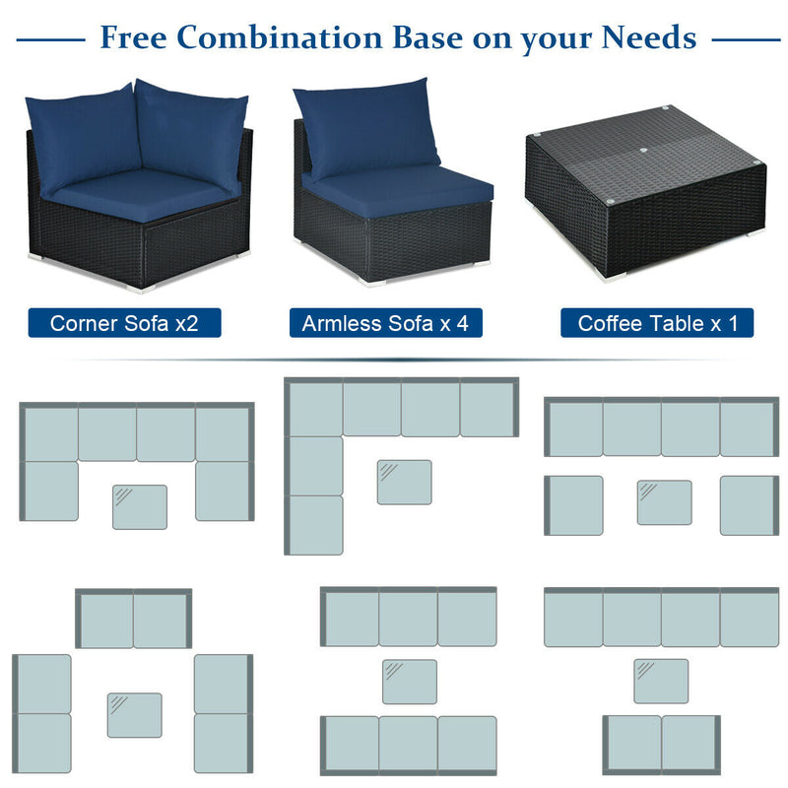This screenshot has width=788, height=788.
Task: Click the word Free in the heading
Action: (x=133, y=37)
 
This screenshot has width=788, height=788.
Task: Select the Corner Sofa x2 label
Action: (x=124, y=323)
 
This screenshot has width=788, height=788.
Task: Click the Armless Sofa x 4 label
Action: (x=385, y=323)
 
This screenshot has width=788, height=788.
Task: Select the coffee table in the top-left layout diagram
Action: (x=139, y=506)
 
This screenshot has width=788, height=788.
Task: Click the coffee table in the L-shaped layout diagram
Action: (x=404, y=482)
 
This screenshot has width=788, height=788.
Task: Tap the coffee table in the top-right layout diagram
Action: (x=664, y=501)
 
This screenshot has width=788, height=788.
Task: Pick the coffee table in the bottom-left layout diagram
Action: (x=134, y=715)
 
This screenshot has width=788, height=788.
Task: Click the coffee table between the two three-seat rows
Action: (x=409, y=682)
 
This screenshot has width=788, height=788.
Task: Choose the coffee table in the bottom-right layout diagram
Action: (x=660, y=681)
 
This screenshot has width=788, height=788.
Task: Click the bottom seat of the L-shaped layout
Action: (x=315, y=524)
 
